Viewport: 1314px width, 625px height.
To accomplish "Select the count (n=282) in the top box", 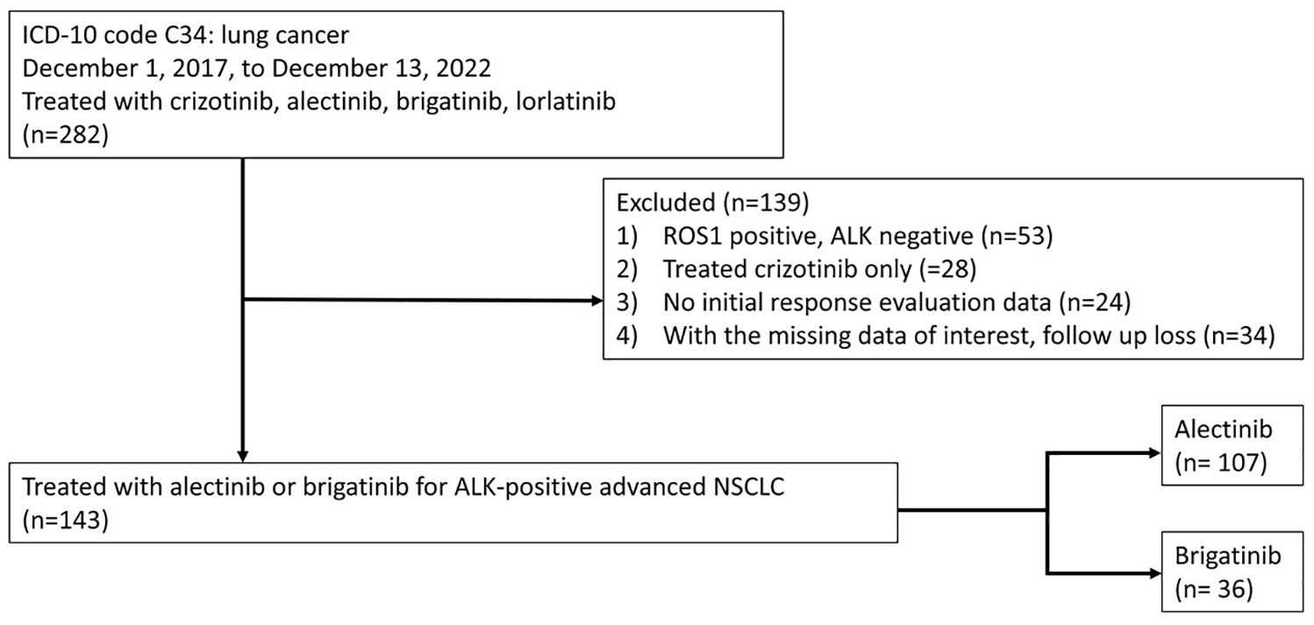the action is point(66,136).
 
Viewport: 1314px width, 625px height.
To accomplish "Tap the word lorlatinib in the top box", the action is point(566,102).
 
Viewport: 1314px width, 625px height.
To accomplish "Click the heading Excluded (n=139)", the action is point(713,202).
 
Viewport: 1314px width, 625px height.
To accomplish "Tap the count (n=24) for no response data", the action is point(1095,302).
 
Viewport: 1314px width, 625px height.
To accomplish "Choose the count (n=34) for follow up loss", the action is point(1239,336).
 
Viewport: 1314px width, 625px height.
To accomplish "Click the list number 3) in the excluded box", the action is point(626,302).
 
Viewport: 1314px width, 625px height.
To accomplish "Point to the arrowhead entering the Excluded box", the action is point(597,301).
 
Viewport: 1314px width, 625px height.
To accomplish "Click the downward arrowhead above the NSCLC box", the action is point(242,456).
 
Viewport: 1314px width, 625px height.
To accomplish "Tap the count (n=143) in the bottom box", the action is point(66,521).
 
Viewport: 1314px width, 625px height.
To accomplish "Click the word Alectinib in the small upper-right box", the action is point(1223,430).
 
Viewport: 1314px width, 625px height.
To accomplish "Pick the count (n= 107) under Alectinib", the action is point(1221,463).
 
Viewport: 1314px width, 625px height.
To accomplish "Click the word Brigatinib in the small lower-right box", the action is point(1228,556).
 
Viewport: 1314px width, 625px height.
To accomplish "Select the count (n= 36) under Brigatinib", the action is point(1214,589).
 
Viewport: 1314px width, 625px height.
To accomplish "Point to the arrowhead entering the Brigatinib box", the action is point(1155,573).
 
